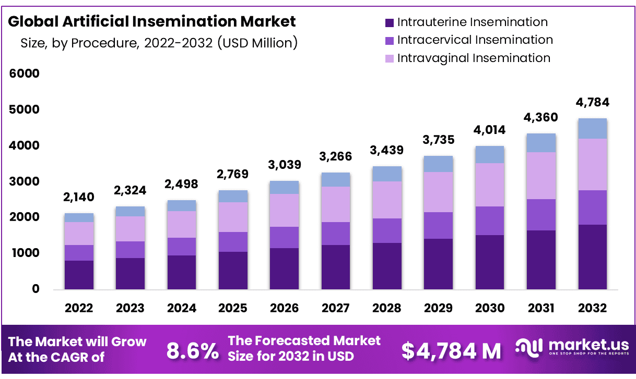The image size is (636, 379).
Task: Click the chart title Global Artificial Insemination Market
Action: click(x=152, y=21)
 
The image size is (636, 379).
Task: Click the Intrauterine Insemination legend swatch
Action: click(x=389, y=23)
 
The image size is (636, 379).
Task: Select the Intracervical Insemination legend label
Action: click(x=475, y=40)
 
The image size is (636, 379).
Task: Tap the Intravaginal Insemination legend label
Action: click(x=474, y=58)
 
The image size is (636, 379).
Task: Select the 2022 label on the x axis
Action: click(x=79, y=308)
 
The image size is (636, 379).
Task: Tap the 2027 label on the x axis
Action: click(x=336, y=308)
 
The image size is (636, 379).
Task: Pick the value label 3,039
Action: click(x=285, y=165)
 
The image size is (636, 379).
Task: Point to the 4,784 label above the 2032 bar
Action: click(x=592, y=102)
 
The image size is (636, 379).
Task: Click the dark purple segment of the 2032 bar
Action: click(x=592, y=257)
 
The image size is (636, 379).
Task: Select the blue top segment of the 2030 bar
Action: click(x=490, y=154)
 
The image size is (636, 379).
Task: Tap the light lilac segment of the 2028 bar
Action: click(x=387, y=200)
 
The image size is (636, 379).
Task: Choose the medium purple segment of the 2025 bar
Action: click(x=233, y=242)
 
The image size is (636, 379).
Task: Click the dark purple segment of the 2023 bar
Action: click(x=131, y=274)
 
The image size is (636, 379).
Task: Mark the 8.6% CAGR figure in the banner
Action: click(x=193, y=351)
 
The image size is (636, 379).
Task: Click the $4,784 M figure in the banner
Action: click(x=451, y=351)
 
